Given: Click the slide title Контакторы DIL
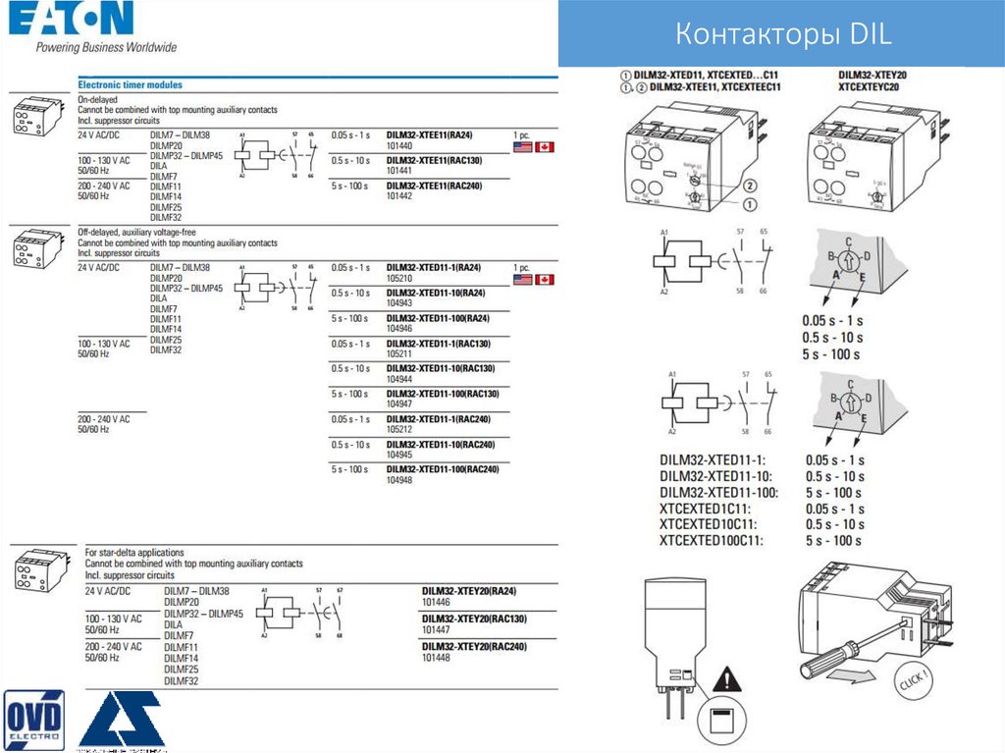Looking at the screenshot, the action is tap(783, 36).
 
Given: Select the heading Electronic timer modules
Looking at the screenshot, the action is tap(130, 85).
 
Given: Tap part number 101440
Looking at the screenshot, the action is tap(400, 145).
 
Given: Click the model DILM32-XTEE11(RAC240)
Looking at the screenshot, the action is tap(435, 185).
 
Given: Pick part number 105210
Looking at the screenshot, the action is tap(400, 278).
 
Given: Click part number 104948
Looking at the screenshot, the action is tap(400, 481).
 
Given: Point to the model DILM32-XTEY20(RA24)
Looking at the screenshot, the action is tap(468, 591).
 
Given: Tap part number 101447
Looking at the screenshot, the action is tap(436, 629).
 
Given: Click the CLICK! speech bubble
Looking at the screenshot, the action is tap(912, 678).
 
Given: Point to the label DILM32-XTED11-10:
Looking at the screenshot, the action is tap(719, 476).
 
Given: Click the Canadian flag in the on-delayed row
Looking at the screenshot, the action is tap(544, 147).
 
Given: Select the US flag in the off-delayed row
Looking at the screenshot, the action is tap(523, 280).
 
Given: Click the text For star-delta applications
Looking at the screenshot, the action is tap(134, 553).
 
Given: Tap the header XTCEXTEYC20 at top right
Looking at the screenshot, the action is tap(869, 87).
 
